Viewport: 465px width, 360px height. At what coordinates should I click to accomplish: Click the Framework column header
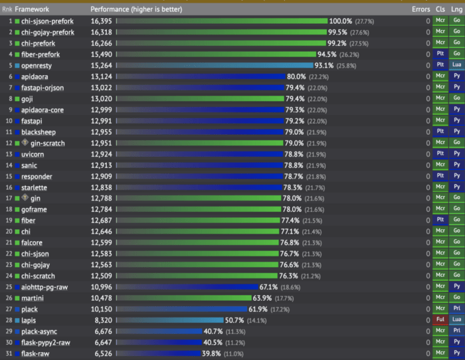pos(32,9)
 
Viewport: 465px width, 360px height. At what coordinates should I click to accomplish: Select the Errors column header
pos(420,9)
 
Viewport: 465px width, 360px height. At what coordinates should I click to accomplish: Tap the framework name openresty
pos(37,66)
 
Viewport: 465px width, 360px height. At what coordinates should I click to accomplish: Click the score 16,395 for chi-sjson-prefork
pos(102,21)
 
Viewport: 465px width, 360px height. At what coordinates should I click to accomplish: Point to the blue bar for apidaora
pos(201,76)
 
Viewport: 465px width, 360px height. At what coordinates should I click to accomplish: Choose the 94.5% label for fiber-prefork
pos(327,54)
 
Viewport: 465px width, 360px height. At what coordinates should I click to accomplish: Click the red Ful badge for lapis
pos(440,319)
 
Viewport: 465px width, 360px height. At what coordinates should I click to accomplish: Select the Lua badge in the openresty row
pos(457,64)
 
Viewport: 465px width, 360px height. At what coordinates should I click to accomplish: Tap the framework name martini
pos(33,298)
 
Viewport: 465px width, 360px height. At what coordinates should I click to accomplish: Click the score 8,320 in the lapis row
pos(103,321)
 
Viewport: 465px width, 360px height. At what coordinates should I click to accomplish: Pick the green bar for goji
pos(200,99)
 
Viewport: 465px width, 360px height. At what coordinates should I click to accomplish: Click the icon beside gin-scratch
pos(25,143)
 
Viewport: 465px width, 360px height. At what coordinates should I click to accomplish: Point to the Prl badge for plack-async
pos(457,331)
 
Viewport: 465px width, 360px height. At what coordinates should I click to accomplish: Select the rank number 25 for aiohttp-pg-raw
pos(9,287)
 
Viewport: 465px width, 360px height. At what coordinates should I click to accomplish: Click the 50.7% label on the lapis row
pos(234,321)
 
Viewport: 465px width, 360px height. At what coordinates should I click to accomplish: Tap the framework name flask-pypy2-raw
pos(46,343)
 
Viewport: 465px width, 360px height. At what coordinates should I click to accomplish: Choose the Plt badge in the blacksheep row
pos(440,131)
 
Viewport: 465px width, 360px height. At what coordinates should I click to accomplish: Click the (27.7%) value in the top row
pos(365,21)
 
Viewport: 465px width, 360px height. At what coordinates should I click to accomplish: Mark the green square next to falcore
pos(17,243)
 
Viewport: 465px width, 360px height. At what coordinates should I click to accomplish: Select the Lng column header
pos(457,9)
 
